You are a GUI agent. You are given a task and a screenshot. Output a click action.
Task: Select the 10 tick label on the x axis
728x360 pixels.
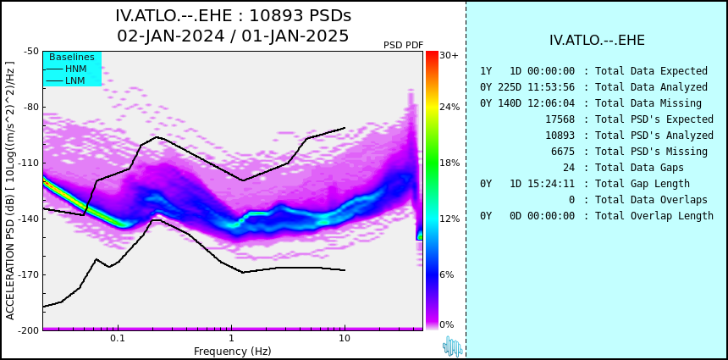(344, 339)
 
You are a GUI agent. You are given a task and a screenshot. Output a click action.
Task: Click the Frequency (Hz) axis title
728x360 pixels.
(232, 351)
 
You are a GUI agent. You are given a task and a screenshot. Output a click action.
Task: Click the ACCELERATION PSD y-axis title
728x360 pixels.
(10, 191)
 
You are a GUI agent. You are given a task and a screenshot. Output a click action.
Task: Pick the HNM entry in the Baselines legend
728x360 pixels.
(66, 69)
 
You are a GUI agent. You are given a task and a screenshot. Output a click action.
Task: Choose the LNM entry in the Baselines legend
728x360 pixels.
(66, 81)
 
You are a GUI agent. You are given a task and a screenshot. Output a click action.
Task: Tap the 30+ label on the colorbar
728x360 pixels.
(449, 55)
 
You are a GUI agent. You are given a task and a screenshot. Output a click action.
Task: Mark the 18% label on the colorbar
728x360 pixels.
(449, 163)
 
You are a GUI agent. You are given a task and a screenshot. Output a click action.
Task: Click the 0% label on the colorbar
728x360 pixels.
(447, 324)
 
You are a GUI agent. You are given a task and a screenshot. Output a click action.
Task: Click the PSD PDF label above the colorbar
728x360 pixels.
(404, 45)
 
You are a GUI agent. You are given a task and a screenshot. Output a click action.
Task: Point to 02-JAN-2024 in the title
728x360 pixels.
(170, 36)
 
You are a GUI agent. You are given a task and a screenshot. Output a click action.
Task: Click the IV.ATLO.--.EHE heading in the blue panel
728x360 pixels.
(597, 41)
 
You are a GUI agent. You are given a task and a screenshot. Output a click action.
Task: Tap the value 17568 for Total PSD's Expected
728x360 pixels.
(560, 119)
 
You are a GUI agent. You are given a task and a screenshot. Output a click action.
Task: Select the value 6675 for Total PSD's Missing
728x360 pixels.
(563, 152)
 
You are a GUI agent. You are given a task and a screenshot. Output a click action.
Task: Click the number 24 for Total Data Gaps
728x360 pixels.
(569, 168)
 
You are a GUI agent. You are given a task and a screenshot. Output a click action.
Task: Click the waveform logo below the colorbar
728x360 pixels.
(453, 346)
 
